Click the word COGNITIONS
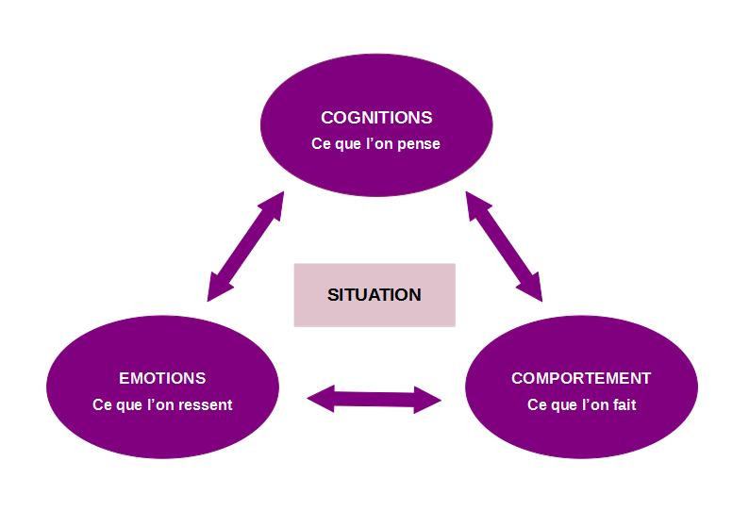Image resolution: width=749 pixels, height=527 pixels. tap(375, 118)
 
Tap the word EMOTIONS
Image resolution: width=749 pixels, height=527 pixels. tap(162, 378)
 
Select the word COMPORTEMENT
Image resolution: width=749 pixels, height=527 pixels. tap(580, 378)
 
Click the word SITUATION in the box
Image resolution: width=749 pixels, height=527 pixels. tap(374, 294)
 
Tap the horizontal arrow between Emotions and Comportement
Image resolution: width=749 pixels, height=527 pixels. tap(374, 399)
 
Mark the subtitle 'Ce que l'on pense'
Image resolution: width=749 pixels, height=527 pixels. tap(375, 145)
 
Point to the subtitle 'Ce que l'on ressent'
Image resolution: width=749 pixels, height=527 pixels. tap(162, 405)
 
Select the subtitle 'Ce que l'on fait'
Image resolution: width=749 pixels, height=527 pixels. tap(580, 405)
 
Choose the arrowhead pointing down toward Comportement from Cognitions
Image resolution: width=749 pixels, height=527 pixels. tap(533, 288)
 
